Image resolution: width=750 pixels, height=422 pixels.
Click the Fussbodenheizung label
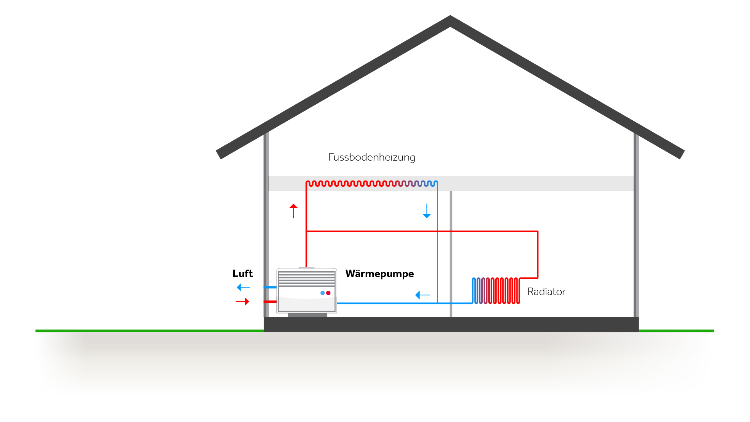click(371, 157)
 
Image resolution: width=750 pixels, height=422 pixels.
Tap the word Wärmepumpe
click(379, 274)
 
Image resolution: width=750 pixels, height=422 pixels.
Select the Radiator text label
click(546, 292)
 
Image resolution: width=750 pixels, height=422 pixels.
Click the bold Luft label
click(243, 274)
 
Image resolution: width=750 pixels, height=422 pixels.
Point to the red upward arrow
click(293, 211)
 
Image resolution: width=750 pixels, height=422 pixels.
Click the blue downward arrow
click(427, 211)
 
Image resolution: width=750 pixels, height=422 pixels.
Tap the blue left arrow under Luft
click(243, 287)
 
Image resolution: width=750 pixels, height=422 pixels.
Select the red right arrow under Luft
click(243, 302)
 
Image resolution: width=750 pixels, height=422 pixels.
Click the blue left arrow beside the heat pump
click(422, 295)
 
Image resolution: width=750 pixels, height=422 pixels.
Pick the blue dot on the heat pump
click(322, 293)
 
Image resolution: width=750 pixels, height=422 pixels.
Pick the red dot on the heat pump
click(328, 293)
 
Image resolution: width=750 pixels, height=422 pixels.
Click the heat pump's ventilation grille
click(307, 278)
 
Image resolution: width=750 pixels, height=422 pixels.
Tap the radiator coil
click(496, 291)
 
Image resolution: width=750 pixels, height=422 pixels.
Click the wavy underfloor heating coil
click(371, 183)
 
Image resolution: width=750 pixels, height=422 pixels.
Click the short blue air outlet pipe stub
click(270, 287)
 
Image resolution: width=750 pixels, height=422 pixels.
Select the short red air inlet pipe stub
click(270, 302)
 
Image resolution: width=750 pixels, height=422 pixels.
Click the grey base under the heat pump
click(307, 315)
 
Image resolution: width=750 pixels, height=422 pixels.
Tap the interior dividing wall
click(451, 254)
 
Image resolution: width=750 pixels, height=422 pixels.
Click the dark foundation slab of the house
click(451, 324)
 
